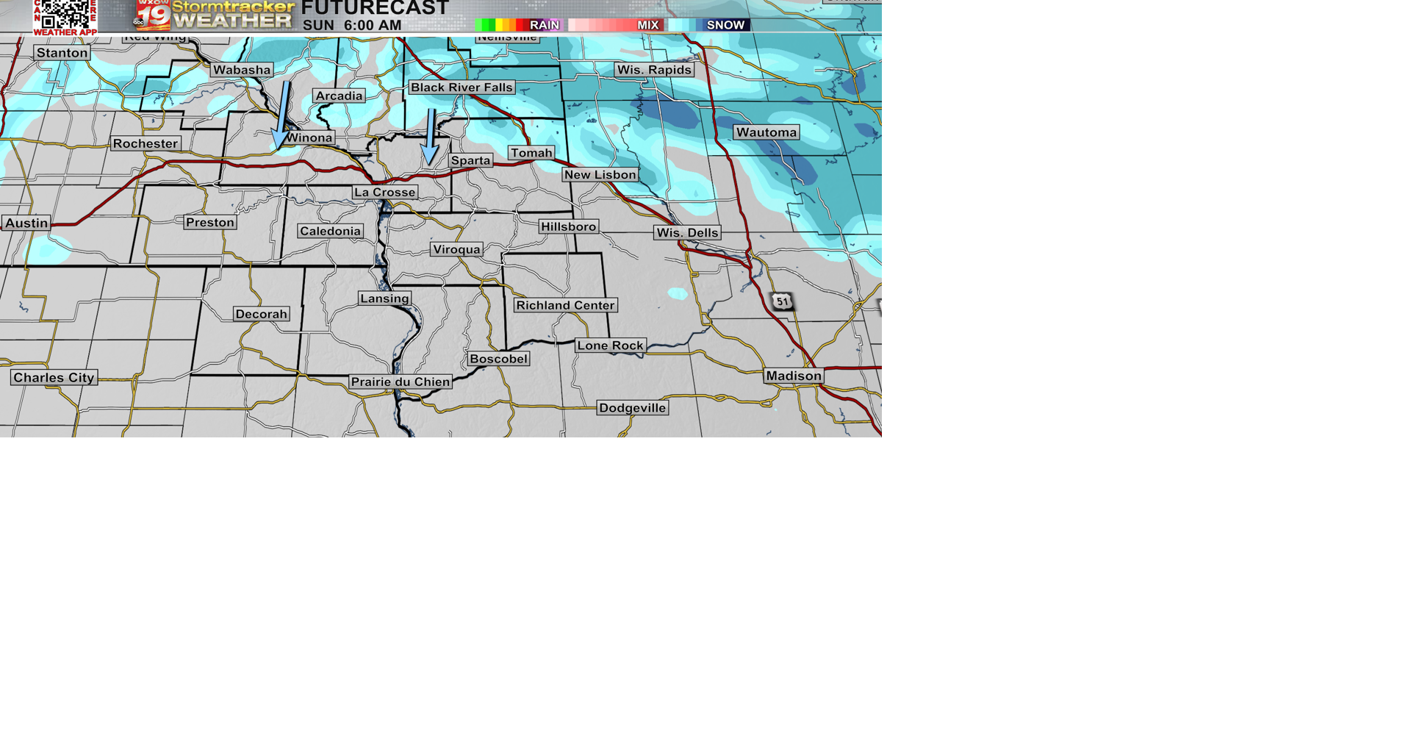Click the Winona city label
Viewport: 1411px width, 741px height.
pos(309,137)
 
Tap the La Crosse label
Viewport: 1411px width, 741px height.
pos(385,193)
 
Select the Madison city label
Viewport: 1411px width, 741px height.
pos(794,376)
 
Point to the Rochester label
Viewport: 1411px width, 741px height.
pos(146,143)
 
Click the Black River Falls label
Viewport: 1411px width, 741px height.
pos(462,87)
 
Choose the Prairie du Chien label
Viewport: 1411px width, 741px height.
pos(401,382)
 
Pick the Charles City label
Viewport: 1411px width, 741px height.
pos(54,378)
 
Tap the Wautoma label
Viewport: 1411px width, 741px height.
pos(766,132)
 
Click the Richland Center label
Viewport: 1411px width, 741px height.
pos(565,305)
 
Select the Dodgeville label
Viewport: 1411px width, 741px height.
pos(632,408)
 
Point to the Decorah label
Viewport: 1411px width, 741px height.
pos(262,314)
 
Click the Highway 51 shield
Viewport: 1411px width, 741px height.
pos(782,301)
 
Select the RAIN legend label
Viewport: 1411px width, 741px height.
pos(544,25)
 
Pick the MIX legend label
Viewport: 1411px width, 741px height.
pos(647,25)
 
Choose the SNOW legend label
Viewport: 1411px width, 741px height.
pos(725,25)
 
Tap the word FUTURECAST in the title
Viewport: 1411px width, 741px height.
pos(376,8)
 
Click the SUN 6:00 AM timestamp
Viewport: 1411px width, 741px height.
pos(352,25)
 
